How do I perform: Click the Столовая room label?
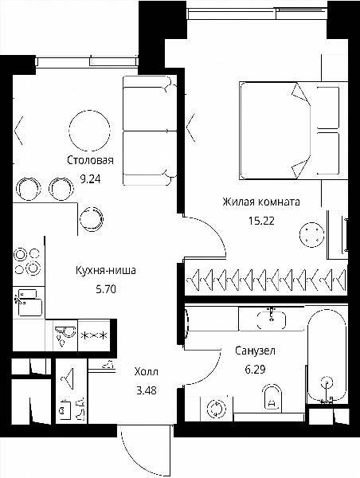pyautogui.click(x=90, y=160)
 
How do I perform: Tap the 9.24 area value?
pyautogui.click(x=90, y=178)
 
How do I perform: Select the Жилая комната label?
pyautogui.click(x=261, y=202)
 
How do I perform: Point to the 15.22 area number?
pyautogui.click(x=261, y=221)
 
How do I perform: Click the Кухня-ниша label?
pyautogui.click(x=106, y=270)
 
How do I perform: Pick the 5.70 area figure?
pyautogui.click(x=106, y=288)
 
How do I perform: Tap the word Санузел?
pyautogui.click(x=255, y=351)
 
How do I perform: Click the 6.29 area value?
pyautogui.click(x=255, y=370)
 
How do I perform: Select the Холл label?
pyautogui.click(x=147, y=371)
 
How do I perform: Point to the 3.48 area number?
pyautogui.click(x=147, y=390)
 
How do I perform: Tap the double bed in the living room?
pyautogui.click(x=293, y=131)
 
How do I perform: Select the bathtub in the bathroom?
pyautogui.click(x=327, y=355)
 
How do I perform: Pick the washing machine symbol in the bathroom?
pyautogui.click(x=216, y=408)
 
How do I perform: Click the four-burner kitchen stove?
pyautogui.click(x=28, y=261)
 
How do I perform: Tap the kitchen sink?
pyautogui.click(x=29, y=303)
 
